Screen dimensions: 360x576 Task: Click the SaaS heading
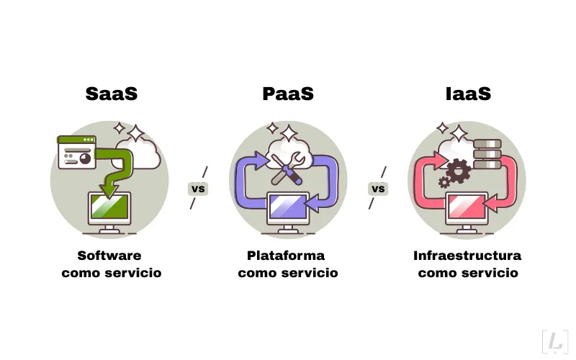pos(111,94)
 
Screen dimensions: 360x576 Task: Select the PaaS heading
pos(288,94)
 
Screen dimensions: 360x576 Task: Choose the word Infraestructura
pos(467,256)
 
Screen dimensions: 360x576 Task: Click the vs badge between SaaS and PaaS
pos(198,189)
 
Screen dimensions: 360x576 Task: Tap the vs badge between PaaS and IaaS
pos(378,189)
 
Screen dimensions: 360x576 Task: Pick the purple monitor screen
pos(288,207)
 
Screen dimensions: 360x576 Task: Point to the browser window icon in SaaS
pos(76,152)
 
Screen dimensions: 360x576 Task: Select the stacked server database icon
pos(488,153)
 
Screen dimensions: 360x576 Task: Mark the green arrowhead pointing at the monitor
pos(109,189)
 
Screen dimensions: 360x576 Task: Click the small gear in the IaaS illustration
pos(444,183)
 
